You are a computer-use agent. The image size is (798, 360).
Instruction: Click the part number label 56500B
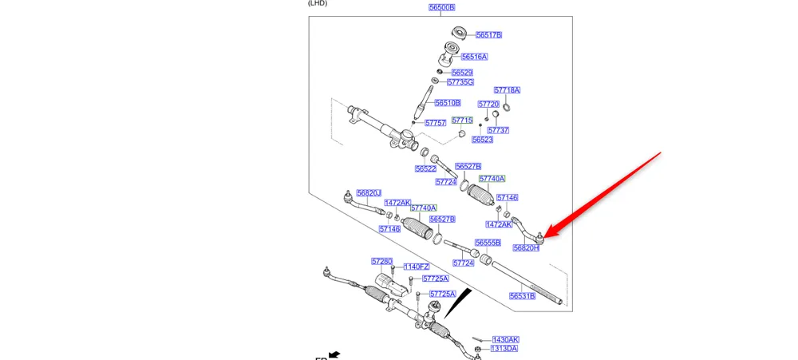click(x=441, y=8)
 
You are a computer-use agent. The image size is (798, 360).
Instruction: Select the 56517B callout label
click(x=488, y=35)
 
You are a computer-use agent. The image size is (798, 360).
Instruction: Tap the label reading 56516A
click(x=474, y=57)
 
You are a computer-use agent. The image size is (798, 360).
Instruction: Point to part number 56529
click(x=462, y=73)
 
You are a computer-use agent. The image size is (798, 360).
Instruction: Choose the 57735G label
click(x=460, y=82)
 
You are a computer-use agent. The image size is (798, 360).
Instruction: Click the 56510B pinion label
click(x=448, y=103)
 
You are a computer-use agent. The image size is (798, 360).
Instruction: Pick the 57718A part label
click(x=507, y=90)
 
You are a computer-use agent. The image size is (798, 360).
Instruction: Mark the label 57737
click(x=498, y=130)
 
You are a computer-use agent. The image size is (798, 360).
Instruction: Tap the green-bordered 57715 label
click(x=462, y=121)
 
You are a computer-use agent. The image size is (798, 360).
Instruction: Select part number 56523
click(x=482, y=140)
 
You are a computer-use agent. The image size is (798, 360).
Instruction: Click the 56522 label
click(x=425, y=169)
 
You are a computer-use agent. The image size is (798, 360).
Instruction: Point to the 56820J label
click(x=369, y=193)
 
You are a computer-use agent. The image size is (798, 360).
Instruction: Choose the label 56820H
click(x=526, y=248)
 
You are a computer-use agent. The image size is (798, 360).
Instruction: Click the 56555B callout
click(x=488, y=243)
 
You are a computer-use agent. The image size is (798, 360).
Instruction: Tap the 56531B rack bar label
click(x=522, y=296)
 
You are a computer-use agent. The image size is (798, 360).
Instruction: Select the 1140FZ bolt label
click(x=417, y=267)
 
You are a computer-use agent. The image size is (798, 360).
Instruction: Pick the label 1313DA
click(x=504, y=349)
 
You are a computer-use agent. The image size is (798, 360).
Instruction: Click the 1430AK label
click(x=505, y=339)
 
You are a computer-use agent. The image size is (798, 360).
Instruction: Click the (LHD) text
click(x=318, y=3)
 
